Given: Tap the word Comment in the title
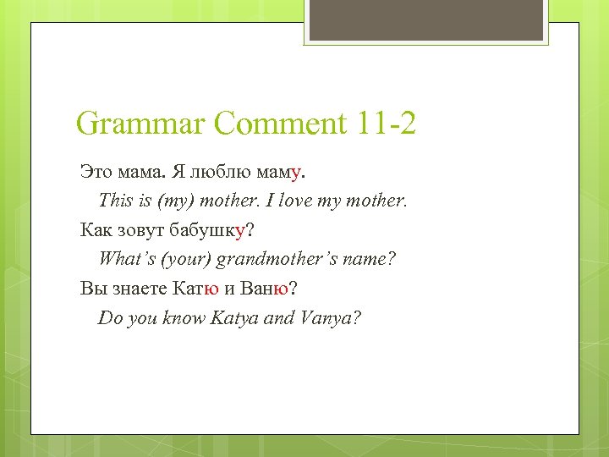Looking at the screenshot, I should click(x=280, y=124).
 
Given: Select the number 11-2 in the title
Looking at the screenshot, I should click(x=386, y=124).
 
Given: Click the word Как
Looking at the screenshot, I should click(x=96, y=230).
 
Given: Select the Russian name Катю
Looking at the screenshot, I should click(x=195, y=288).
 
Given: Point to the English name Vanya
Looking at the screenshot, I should click(x=328, y=317).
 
